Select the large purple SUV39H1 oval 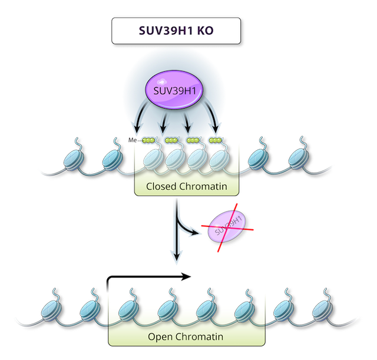[173, 91]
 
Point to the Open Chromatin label [187, 338]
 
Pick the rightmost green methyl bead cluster [216, 140]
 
